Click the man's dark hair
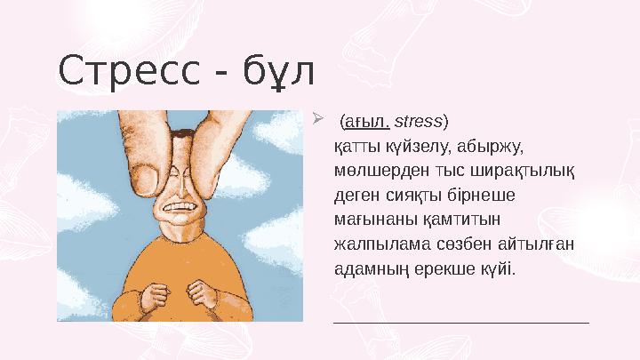(179, 134)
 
